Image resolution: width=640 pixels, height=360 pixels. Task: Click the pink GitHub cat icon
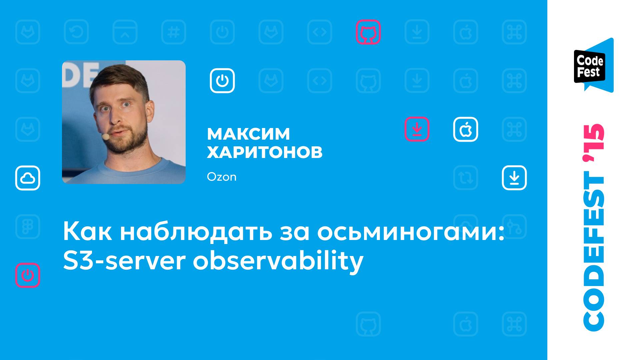tap(368, 32)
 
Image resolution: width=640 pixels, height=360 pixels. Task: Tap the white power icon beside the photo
tap(222, 81)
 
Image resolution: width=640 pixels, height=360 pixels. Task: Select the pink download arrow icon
tap(417, 129)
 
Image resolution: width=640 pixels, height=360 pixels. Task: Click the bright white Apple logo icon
tap(465, 129)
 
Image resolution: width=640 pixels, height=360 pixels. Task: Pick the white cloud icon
tap(28, 178)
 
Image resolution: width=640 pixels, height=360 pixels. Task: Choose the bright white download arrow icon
tap(514, 178)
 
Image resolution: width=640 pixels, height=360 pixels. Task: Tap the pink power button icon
tap(28, 275)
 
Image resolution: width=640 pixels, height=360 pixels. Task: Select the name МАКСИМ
tap(248, 134)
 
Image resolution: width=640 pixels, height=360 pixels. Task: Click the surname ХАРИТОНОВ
tap(265, 152)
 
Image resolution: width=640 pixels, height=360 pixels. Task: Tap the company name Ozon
tap(222, 177)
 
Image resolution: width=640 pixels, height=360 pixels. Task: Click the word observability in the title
tap(278, 261)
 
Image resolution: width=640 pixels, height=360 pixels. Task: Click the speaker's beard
tap(133, 143)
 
